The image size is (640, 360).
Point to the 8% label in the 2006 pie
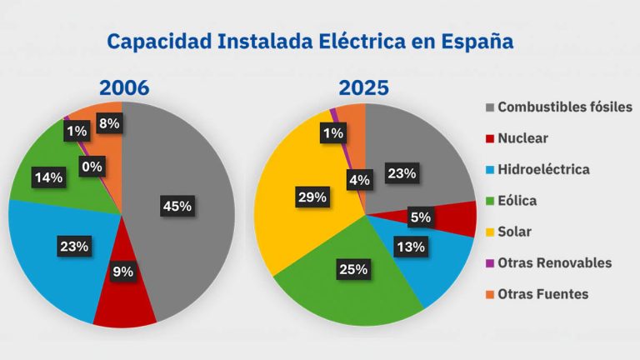(x=108, y=123)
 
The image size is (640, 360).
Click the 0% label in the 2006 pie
(x=92, y=167)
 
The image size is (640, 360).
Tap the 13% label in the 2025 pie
(x=411, y=246)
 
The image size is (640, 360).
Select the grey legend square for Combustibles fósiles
(x=492, y=107)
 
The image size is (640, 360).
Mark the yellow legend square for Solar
(x=492, y=231)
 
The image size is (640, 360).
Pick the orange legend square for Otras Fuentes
(x=492, y=293)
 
